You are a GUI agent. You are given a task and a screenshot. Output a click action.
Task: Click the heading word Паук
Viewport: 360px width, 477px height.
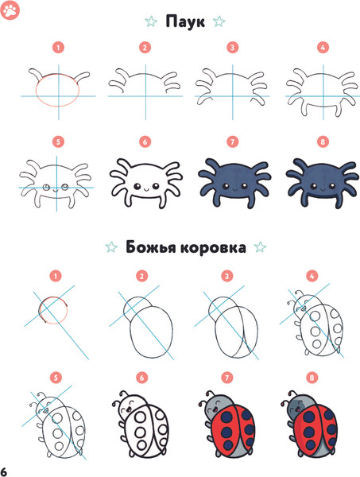point(184,21)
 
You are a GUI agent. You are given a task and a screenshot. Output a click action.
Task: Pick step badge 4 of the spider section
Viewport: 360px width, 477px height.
point(322,48)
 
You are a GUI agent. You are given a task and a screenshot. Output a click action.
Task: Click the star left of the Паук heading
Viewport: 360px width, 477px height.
point(151,21)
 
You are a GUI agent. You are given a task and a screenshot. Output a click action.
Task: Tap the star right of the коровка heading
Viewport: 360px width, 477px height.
point(259,248)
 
